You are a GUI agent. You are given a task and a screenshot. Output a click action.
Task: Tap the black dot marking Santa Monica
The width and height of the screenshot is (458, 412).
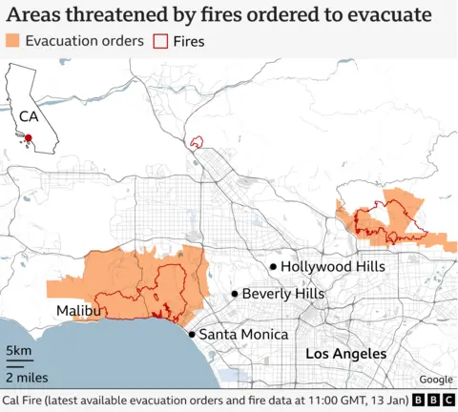[x=192, y=334]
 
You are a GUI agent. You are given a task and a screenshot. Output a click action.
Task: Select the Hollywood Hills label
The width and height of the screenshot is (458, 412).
[x=333, y=267]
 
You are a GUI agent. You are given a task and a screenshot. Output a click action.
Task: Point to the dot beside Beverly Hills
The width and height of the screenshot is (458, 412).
[x=234, y=295]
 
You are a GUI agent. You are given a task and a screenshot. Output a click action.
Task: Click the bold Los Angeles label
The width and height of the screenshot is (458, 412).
[x=345, y=354]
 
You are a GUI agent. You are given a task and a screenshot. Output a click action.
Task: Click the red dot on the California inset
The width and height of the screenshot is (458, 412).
[x=29, y=138]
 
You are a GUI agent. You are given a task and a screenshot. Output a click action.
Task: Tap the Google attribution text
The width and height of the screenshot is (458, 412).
[x=435, y=379]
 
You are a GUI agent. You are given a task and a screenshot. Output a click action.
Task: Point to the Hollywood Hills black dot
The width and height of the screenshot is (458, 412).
[x=273, y=267]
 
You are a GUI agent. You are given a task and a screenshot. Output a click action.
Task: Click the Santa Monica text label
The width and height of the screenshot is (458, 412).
[x=243, y=335]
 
